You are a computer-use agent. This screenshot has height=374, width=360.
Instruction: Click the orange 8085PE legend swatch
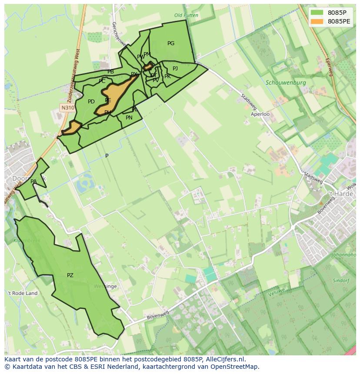[317, 21]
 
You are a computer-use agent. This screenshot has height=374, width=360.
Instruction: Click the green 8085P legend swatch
[317, 13]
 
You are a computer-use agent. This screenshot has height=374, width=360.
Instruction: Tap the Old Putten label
[186, 15]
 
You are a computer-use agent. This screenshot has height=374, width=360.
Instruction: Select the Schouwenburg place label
[286, 83]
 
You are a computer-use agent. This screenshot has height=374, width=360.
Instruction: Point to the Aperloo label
[260, 114]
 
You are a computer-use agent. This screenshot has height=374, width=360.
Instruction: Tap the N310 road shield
[67, 108]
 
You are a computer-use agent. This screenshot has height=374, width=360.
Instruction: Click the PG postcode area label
[171, 43]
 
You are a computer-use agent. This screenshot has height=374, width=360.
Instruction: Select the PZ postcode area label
[70, 275]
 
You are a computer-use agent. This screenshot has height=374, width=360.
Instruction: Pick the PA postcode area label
[33, 182]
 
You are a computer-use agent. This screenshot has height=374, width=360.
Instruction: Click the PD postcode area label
[91, 102]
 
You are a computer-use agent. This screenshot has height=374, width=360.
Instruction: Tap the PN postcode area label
[129, 118]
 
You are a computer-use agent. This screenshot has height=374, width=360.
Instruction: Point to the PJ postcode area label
[175, 69]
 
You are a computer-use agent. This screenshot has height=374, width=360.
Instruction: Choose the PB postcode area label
[111, 72]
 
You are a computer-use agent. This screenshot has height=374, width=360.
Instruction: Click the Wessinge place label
[105, 286]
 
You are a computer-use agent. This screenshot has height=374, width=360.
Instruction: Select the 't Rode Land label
[23, 293]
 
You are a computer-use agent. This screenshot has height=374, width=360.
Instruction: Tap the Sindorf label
[341, 281]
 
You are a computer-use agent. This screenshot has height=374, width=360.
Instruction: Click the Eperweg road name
[328, 67]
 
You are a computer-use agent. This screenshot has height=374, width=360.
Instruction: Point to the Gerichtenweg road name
[118, 35]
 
